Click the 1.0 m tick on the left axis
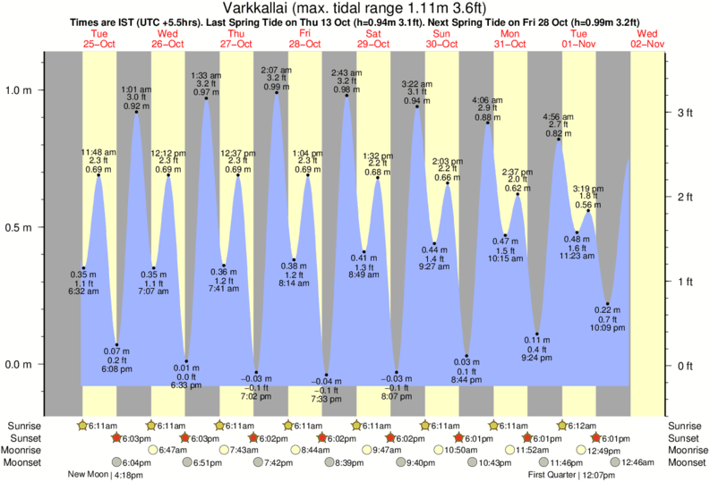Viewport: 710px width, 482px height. pos(20,89)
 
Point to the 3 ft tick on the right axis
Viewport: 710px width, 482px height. pos(685,112)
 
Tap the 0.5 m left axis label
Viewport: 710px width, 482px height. pos(20,227)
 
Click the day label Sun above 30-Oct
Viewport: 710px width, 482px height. pos(441,33)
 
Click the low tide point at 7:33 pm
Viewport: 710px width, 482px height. pos(327,375)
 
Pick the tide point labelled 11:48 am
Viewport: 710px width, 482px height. pos(98,176)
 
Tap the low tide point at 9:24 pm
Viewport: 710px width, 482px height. pos(537,334)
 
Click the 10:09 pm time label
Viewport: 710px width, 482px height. pos(609,329)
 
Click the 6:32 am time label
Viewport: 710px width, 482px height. pos(83,292)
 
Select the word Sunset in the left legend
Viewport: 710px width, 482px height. pos(24,438)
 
